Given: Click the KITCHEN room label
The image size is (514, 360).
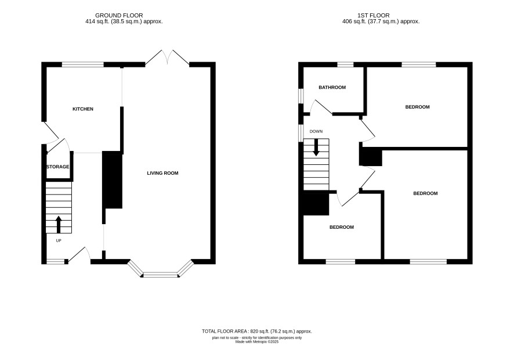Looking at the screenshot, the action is click(x=83, y=109).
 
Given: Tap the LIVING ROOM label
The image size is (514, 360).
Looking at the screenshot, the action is click(x=162, y=173).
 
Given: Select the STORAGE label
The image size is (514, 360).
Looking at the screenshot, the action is click(x=57, y=167).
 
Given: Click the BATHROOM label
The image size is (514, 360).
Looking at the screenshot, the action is click(x=332, y=87).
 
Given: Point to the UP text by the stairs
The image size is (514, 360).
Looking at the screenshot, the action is click(x=59, y=240).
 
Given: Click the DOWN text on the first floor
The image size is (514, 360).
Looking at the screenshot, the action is click(x=316, y=131).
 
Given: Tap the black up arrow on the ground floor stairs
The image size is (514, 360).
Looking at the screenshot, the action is click(x=59, y=225).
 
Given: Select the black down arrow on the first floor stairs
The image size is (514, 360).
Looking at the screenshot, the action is click(x=316, y=147).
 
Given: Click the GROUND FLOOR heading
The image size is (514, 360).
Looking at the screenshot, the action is click(x=119, y=16).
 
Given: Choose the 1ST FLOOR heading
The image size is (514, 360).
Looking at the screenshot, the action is click(x=374, y=16).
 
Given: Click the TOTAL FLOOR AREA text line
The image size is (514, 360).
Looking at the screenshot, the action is click(x=257, y=331).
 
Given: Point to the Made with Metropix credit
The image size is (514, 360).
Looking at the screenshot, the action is click(x=257, y=341).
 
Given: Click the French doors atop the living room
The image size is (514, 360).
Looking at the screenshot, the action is click(x=167, y=57).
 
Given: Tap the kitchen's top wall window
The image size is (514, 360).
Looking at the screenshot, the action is click(x=83, y=64).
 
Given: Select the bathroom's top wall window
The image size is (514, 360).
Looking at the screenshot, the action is click(x=346, y=64).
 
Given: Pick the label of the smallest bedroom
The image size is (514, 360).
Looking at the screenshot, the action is click(x=342, y=227).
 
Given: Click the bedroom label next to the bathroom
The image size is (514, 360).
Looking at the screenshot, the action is click(x=417, y=107).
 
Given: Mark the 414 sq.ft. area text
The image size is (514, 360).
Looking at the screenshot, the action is click(x=124, y=21).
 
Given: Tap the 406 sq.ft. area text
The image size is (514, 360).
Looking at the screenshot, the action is click(x=381, y=21).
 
